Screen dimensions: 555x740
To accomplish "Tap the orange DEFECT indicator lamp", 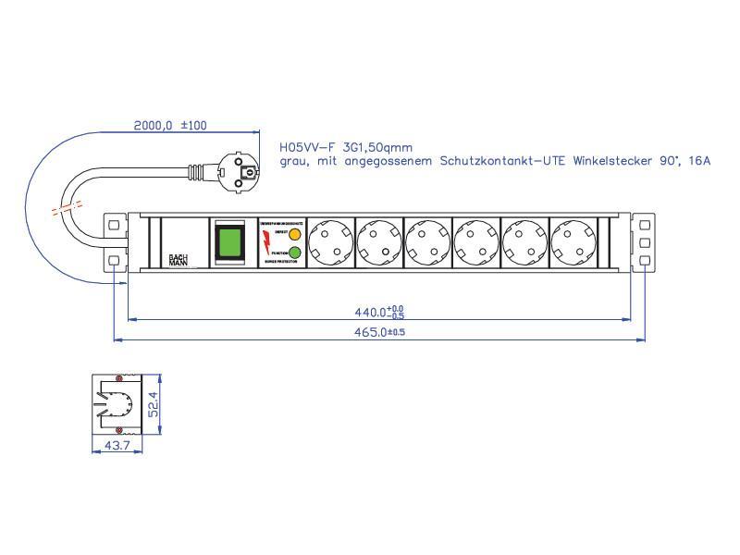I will (294, 235).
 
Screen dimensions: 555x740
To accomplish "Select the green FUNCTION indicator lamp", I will (294, 253).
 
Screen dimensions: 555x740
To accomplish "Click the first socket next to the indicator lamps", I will (330, 243).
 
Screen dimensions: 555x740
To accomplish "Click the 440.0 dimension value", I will (374, 312).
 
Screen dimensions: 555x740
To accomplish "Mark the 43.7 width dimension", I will (117, 446).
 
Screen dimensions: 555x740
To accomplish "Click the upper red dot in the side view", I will (118, 378).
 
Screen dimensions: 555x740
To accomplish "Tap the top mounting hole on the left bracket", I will (115, 224).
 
